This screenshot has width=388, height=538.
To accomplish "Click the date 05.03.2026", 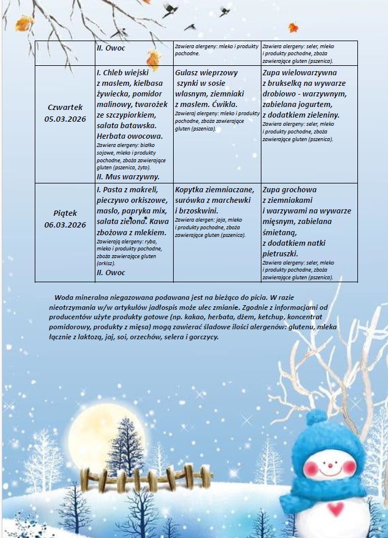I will point(65,119).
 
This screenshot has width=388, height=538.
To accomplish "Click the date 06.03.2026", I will point(65,225).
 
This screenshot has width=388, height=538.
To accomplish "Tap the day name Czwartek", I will point(65,107).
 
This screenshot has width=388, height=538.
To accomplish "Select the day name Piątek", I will point(65,213).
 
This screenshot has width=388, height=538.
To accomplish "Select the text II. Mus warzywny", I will point(127,176).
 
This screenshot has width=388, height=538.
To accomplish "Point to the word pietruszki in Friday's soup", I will point(280,253).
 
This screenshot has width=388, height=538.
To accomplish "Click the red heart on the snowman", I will point(335,509).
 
